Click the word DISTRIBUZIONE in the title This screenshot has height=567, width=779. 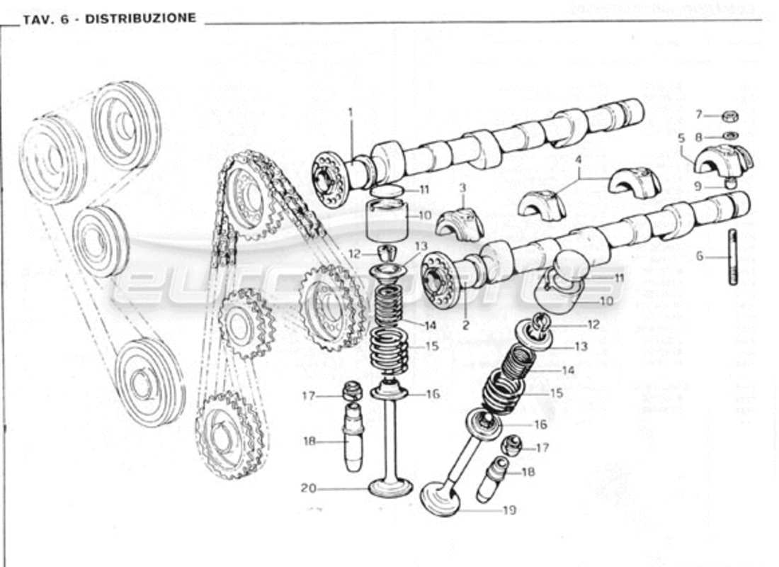click(140, 18)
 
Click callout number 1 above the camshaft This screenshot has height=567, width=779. click(350, 112)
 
